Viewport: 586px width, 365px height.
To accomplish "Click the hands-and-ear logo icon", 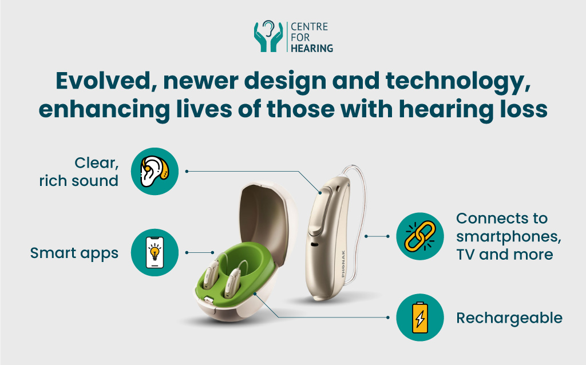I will pos(268,37).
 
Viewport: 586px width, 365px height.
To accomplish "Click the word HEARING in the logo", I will pos(312,48).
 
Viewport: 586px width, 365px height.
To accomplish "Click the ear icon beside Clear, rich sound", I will pos(155,171).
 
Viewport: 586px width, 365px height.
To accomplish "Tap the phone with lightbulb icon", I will pos(155,252).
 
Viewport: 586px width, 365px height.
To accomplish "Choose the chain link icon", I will pos(420,235).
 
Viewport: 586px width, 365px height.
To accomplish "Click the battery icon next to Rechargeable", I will pos(420,318).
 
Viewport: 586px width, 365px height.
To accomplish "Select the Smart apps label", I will pos(74,253).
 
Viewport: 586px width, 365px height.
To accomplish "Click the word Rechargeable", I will pos(509,318).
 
